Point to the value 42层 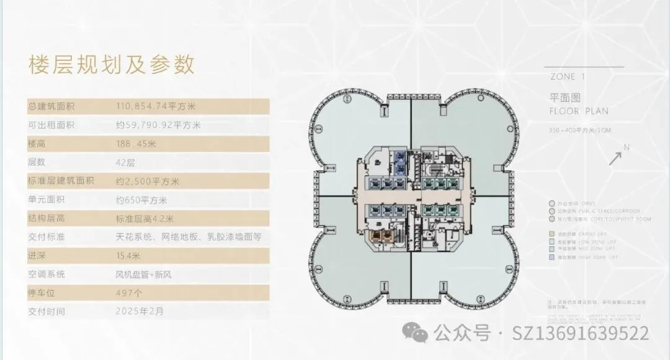(x=125, y=163)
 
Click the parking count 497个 (x=129, y=293)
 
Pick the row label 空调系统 (x=47, y=274)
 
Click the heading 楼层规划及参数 (x=112, y=64)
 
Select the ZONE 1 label (x=568, y=78)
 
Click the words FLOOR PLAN (x=579, y=111)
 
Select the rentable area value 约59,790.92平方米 (x=158, y=125)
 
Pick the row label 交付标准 (x=47, y=237)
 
